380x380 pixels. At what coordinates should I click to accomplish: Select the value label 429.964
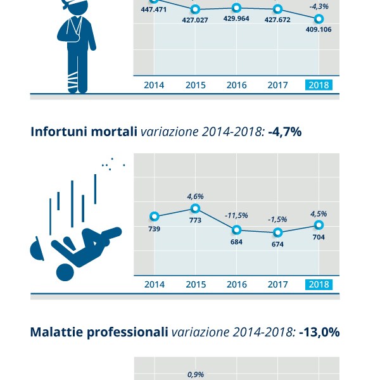(x=236, y=19)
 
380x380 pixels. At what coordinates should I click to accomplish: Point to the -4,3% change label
(x=319, y=6)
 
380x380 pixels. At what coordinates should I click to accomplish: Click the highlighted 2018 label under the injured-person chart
(x=319, y=85)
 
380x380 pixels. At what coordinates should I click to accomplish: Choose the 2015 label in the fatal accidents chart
(x=196, y=284)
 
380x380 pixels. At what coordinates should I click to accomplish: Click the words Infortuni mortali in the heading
(x=84, y=132)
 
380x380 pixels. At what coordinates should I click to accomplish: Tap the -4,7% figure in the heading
(x=284, y=132)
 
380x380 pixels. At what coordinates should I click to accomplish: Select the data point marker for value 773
(x=196, y=208)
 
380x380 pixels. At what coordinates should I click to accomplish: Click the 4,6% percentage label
(x=196, y=196)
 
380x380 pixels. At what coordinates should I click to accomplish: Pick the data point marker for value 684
(x=236, y=229)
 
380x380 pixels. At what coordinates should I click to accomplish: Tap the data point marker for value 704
(x=319, y=225)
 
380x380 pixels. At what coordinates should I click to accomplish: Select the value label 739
(x=154, y=229)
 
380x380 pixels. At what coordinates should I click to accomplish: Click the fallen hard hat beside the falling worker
(x=37, y=250)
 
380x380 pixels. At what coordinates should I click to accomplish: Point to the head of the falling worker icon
(x=65, y=272)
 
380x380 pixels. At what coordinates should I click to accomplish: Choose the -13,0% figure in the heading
(x=320, y=331)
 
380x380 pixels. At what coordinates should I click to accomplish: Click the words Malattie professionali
(x=99, y=331)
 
